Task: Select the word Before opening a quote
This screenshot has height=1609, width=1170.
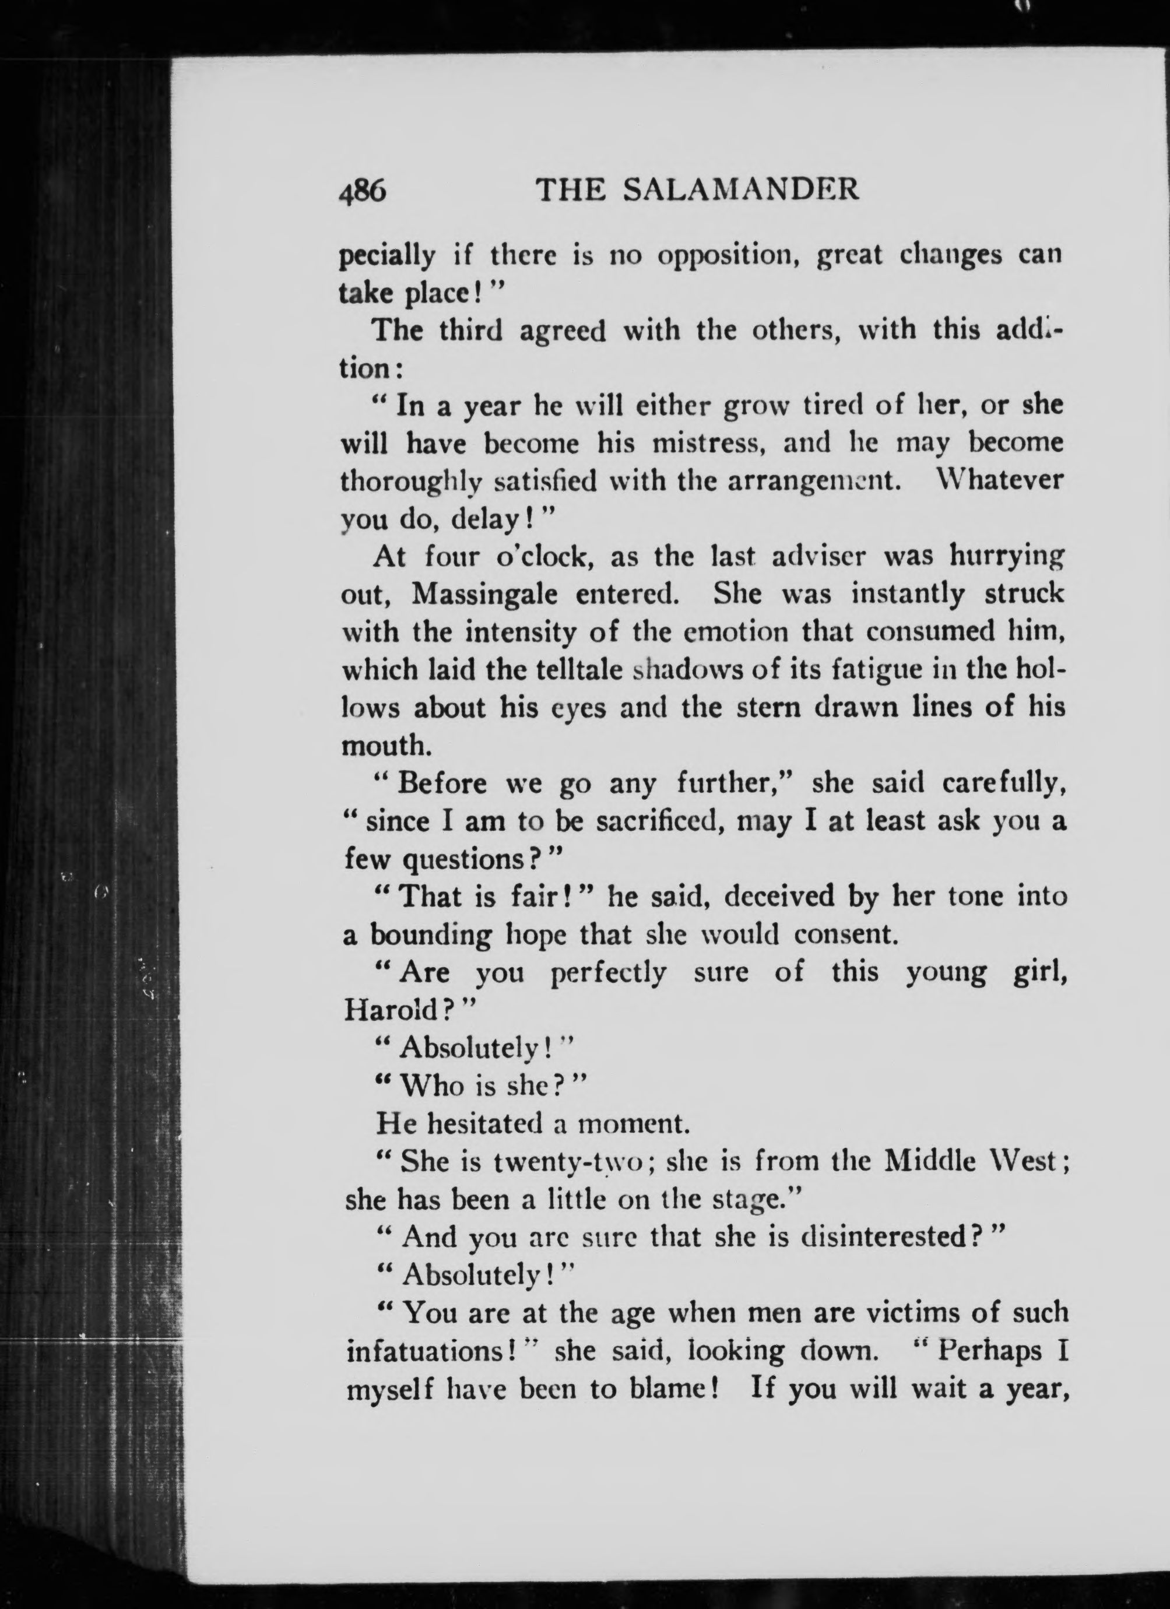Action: (x=442, y=784)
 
